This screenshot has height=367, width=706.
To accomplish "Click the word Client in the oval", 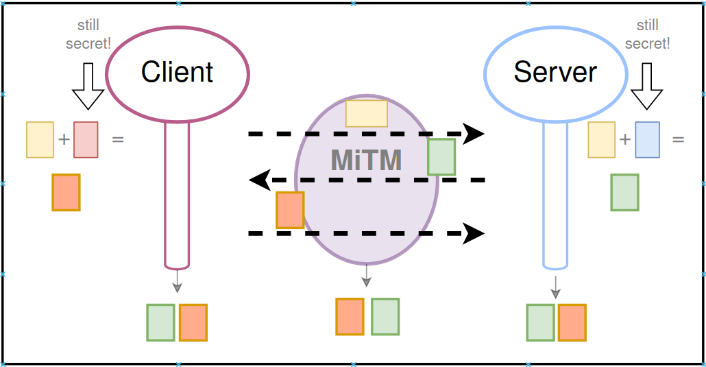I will tap(178, 72).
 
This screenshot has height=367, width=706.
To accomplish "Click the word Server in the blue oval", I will tap(555, 72).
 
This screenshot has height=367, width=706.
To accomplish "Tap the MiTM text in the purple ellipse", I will tap(366, 160).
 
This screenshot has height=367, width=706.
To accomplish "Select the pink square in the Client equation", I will tap(86, 139).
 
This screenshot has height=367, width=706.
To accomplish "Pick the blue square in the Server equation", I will tap(647, 139).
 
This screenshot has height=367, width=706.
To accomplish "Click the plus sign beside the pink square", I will tap(64, 139).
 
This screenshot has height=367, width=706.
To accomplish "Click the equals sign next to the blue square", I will tap(678, 139).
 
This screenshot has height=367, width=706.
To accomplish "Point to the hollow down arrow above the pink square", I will tap(88, 86).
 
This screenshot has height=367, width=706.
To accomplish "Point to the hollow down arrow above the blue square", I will tap(647, 86).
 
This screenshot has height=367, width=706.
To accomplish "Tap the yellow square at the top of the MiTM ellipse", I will tap(366, 113).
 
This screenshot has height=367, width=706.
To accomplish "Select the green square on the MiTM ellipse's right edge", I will tap(441, 156).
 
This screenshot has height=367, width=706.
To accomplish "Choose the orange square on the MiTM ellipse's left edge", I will tap(290, 210).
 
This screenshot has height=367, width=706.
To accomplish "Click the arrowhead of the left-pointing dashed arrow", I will tap(259, 180).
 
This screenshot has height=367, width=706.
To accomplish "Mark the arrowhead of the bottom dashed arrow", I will tap(474, 234).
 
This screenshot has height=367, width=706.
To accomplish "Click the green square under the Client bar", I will tap(160, 322).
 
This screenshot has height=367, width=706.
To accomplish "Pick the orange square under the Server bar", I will tap(572, 322).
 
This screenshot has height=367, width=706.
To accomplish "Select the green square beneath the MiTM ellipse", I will tap(385, 316).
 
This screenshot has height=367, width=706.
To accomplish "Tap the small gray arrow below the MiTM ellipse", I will tap(367, 275).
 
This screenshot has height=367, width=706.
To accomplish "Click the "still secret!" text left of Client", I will tap(88, 34).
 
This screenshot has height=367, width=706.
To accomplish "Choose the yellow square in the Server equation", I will tap(601, 139).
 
